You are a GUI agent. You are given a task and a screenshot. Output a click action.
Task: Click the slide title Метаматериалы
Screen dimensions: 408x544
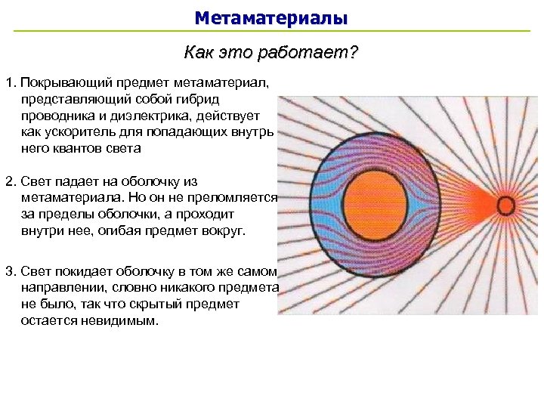pyautogui.click(x=271, y=17)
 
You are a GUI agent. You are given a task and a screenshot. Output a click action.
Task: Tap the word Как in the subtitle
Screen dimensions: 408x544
pyautogui.click(x=198, y=53)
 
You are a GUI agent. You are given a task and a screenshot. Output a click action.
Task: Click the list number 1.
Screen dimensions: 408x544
pyautogui.click(x=8, y=81)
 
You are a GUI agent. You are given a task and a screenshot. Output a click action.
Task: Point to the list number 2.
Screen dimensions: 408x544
pyautogui.click(x=8, y=182)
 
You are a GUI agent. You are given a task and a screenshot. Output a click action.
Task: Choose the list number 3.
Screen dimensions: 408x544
pyautogui.click(x=8, y=271)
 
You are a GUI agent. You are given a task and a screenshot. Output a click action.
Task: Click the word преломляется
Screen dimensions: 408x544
pyautogui.click(x=241, y=199)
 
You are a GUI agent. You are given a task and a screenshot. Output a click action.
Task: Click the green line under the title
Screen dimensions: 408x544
pyautogui.click(x=272, y=31)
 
